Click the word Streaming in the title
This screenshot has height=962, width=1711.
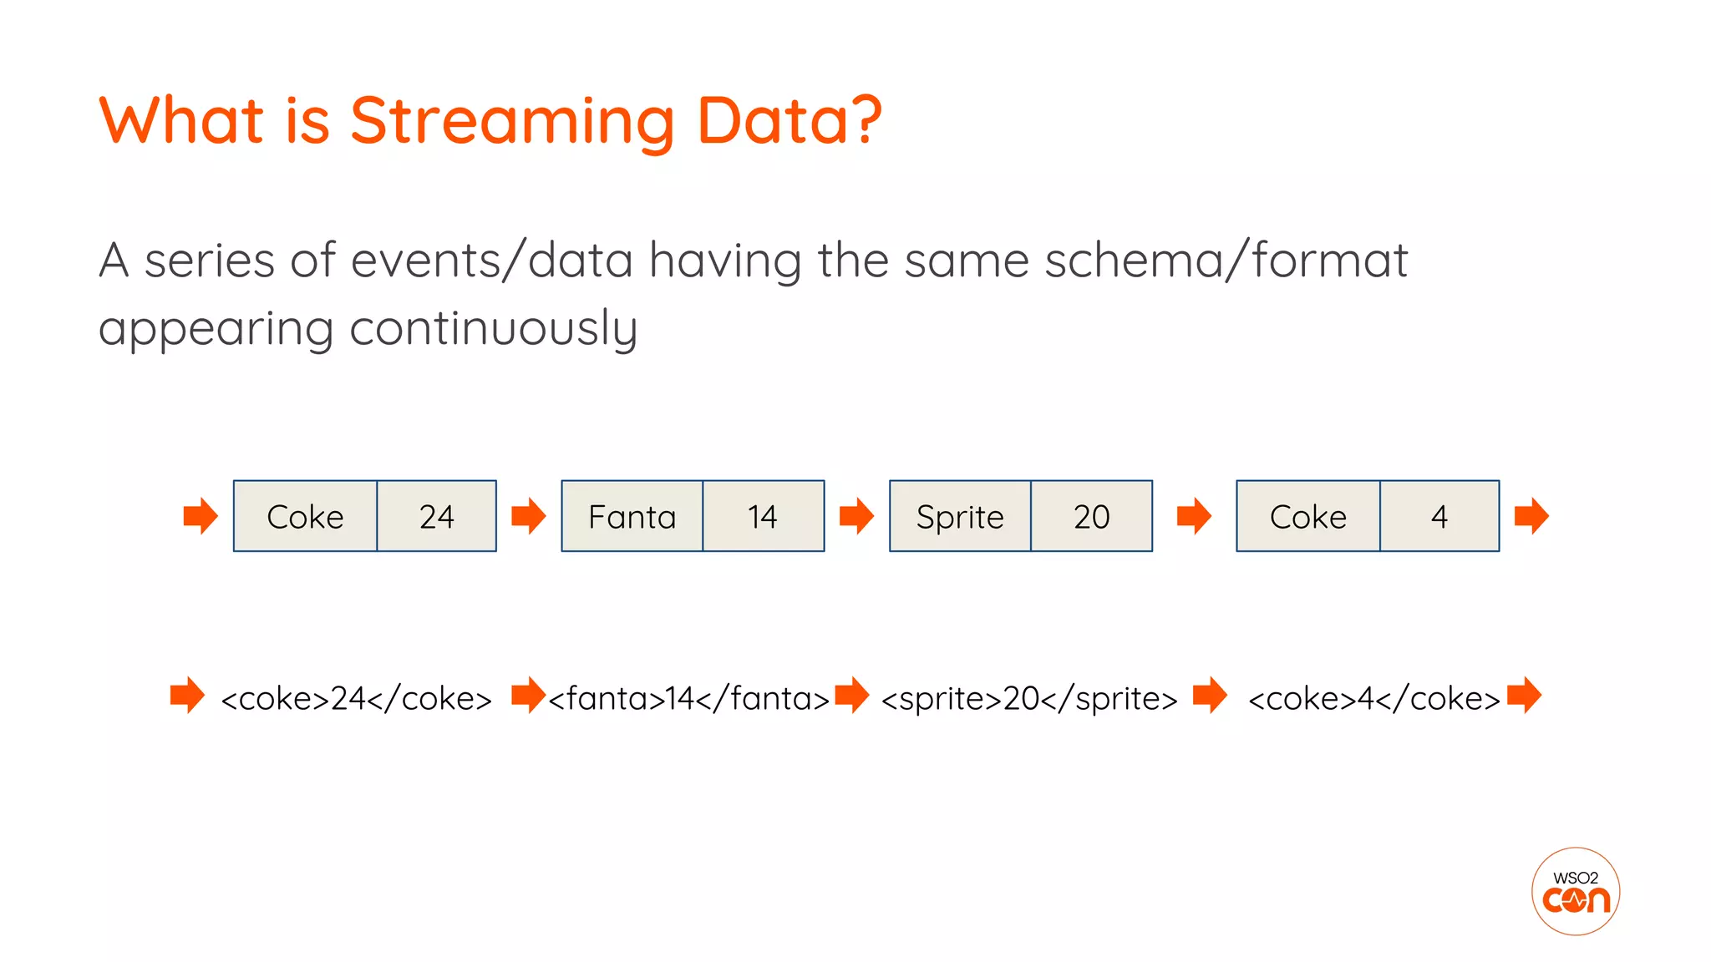coord(511,121)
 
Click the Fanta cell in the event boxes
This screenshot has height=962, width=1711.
coord(632,517)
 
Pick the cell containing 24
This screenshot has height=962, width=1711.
coord(436,517)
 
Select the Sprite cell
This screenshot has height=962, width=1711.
coord(960,517)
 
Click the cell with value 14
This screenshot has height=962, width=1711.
coord(763,517)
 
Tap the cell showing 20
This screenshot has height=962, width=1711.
coord(1091,517)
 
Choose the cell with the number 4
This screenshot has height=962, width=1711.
coord(1439,517)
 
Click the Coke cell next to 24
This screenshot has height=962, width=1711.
coord(305,517)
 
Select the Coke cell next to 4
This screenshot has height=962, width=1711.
coord(1307,517)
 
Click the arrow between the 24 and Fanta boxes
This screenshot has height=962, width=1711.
coord(528,516)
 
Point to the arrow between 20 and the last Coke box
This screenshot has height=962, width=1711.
coord(1194,516)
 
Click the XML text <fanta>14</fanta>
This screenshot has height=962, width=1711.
coord(688,698)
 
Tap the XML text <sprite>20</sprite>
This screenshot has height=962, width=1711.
coord(1028,698)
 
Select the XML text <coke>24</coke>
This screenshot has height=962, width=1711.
coord(357,698)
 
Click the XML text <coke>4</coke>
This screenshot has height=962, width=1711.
coord(1373,698)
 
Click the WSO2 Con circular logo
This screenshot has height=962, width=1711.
coord(1575,891)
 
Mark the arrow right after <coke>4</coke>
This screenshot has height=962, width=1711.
coord(1525,695)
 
